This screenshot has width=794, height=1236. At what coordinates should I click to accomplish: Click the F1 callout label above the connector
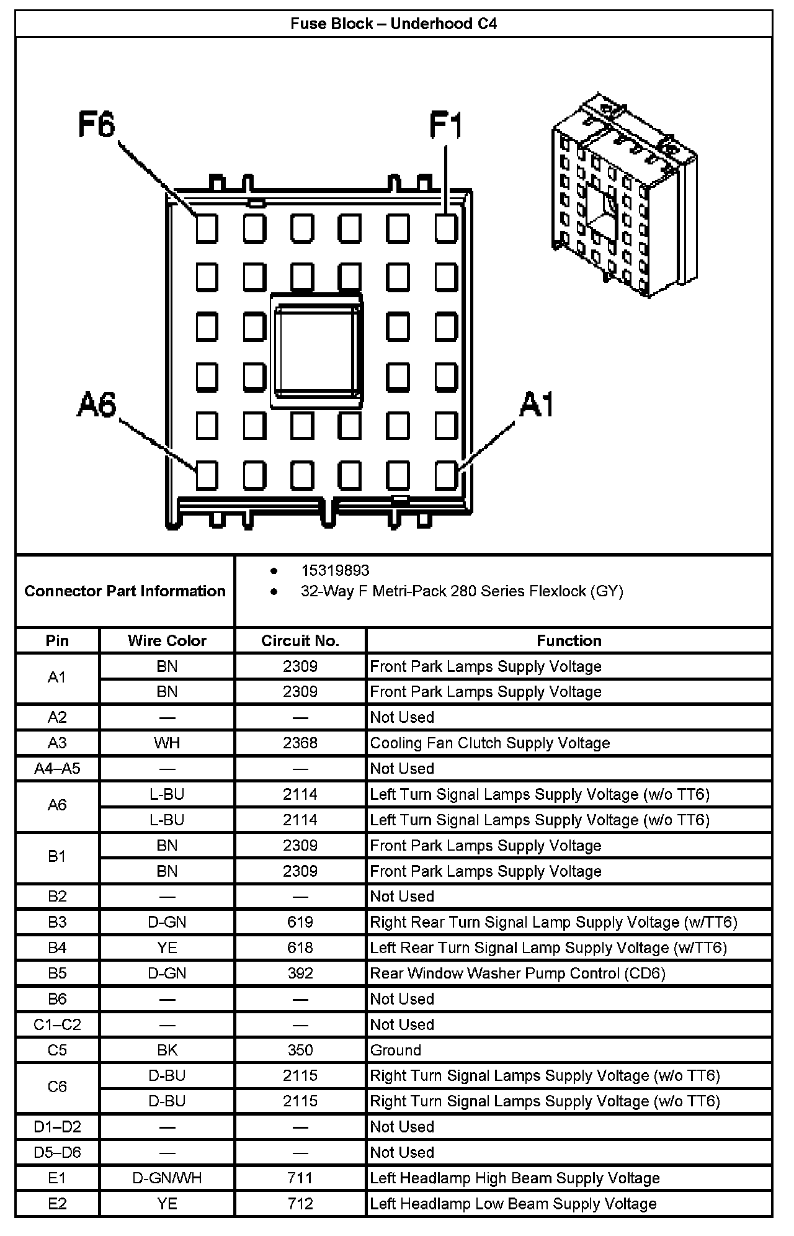(x=446, y=126)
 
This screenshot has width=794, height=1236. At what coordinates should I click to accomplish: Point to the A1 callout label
(x=537, y=405)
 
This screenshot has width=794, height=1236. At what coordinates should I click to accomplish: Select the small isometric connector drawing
(x=623, y=195)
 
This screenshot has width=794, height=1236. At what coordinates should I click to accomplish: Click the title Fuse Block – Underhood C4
(x=394, y=24)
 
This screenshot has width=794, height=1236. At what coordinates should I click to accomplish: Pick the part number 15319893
(x=335, y=570)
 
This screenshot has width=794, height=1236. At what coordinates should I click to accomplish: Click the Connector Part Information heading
(x=125, y=591)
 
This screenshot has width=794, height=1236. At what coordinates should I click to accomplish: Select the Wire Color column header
(x=167, y=640)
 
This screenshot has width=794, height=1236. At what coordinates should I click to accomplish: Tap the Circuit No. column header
(x=300, y=640)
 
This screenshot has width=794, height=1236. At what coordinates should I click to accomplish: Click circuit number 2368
(x=300, y=743)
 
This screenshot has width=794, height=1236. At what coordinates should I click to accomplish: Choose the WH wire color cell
(x=167, y=743)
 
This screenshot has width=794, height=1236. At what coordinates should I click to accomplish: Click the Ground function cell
(x=396, y=1050)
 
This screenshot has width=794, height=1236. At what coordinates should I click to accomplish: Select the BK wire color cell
(x=167, y=1050)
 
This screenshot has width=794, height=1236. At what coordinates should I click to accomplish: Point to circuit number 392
(x=300, y=973)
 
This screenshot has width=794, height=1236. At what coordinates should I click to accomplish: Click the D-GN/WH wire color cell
(x=167, y=1178)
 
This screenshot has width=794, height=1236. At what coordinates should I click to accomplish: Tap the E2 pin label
(x=57, y=1204)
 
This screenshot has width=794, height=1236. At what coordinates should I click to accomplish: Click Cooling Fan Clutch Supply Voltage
(x=490, y=743)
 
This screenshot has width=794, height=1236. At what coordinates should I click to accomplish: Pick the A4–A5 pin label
(x=57, y=768)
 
